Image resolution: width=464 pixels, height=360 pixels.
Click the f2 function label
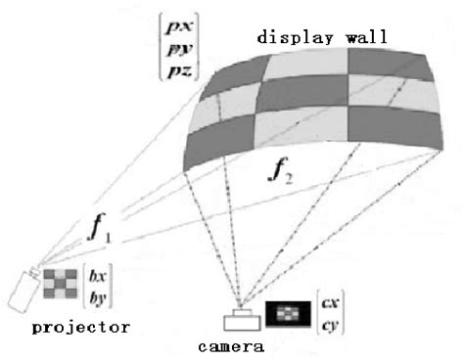click(x=283, y=176)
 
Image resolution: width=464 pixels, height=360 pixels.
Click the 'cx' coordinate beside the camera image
click(x=331, y=296)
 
